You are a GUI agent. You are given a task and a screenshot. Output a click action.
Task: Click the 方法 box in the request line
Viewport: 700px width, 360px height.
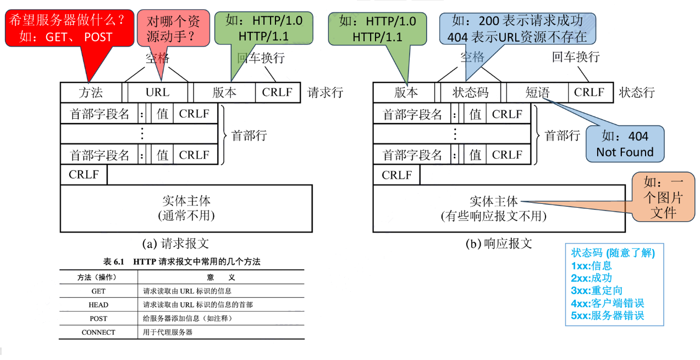point(91,92)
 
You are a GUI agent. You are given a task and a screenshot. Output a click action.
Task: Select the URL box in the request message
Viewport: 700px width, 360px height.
point(157,92)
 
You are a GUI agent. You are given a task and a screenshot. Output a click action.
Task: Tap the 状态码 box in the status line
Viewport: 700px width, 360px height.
point(470,92)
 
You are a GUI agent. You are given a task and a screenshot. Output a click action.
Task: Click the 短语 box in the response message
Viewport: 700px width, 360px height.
point(537,92)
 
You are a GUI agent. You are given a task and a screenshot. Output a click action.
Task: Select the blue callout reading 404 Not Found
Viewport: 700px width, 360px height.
point(625,144)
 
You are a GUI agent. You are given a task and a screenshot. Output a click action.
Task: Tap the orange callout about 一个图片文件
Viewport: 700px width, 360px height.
point(663,197)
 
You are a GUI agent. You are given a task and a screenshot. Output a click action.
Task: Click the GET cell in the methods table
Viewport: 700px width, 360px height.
point(98,291)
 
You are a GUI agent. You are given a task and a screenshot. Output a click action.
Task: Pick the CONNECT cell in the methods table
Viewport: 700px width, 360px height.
point(98,332)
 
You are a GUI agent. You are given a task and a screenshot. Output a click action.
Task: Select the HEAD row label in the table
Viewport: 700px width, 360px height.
point(98,304)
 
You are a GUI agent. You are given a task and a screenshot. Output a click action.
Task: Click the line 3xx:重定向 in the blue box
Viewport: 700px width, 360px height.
point(597,290)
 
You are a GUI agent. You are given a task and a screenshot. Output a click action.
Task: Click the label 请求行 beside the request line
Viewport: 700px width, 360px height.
point(325,92)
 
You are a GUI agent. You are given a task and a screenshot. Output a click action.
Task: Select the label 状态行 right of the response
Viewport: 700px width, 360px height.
point(637,92)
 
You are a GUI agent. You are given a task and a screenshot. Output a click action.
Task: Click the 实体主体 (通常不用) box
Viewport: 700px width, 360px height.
point(186,208)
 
